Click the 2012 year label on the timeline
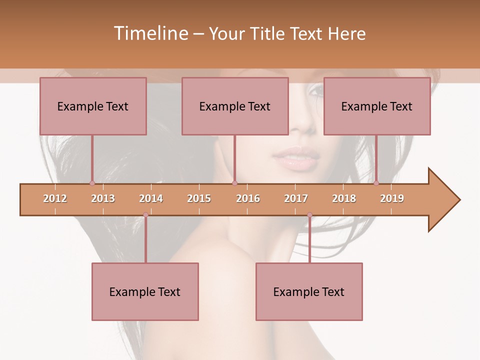click(x=55, y=198)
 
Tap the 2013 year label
click(x=103, y=198)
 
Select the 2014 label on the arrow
click(x=151, y=198)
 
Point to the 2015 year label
click(x=199, y=198)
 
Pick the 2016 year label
click(x=248, y=198)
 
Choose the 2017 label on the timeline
click(x=296, y=198)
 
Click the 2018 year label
click(x=344, y=198)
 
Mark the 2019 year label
click(x=392, y=198)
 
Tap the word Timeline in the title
click(x=150, y=33)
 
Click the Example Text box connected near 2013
click(x=93, y=106)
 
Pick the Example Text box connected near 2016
click(x=235, y=106)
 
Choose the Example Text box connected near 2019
click(x=377, y=106)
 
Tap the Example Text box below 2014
click(x=145, y=291)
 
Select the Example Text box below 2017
click(x=309, y=291)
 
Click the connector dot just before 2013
click(x=92, y=183)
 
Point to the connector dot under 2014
click(x=145, y=215)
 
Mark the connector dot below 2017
click(x=309, y=215)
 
